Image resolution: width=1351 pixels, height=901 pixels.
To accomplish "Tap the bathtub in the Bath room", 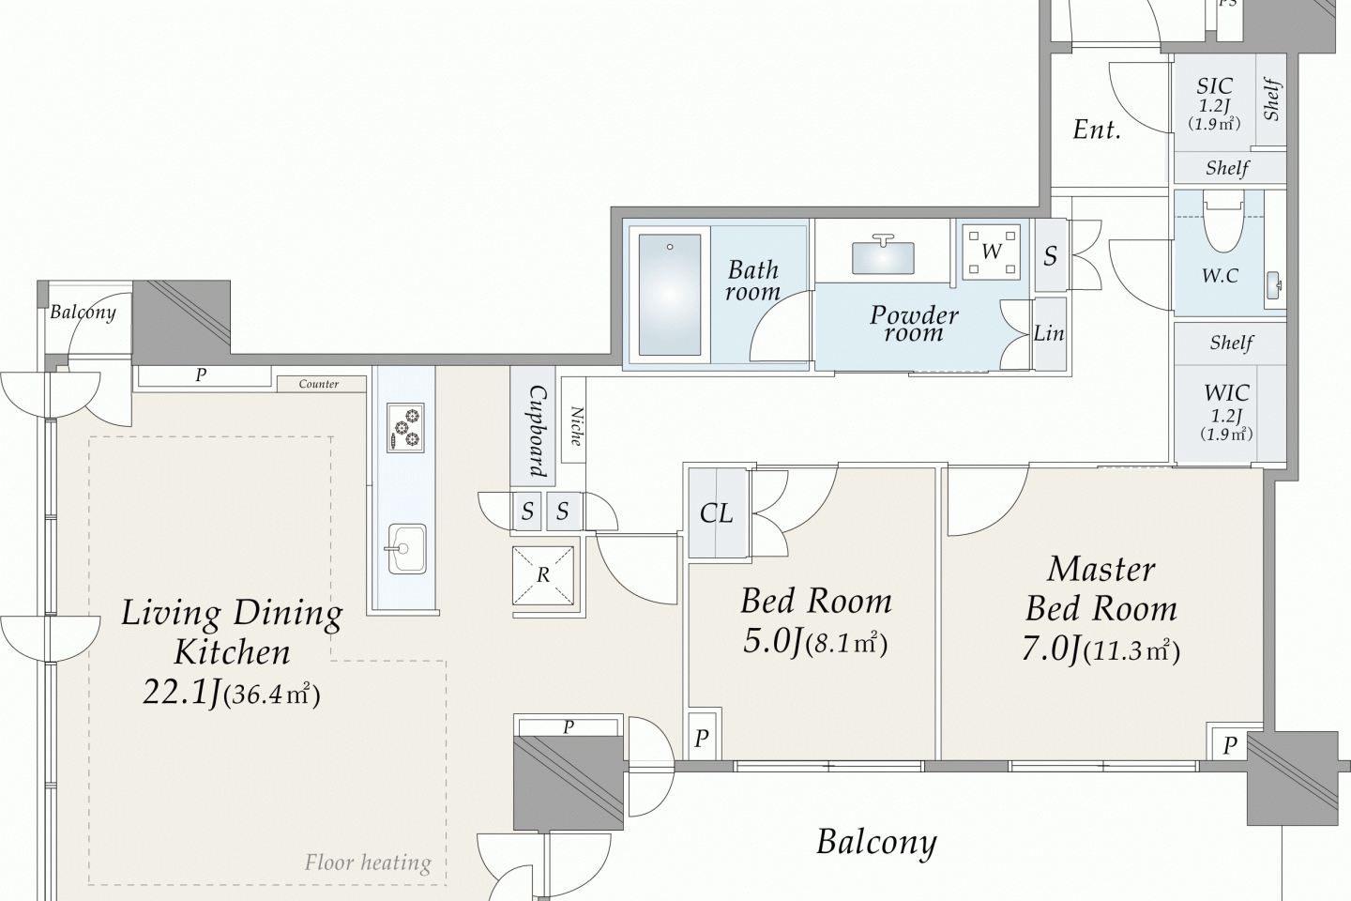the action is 670,295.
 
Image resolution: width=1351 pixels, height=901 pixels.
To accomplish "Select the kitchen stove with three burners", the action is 405,428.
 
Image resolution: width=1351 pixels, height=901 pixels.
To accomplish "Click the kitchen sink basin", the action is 406,549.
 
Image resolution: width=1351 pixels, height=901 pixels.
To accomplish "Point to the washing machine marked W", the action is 992,252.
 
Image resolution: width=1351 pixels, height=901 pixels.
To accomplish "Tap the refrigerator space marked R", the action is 543,575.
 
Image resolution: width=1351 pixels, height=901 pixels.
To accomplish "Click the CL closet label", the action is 717,513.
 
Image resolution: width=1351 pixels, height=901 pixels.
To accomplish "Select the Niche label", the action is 576,427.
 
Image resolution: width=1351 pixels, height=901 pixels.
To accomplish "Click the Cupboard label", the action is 539,431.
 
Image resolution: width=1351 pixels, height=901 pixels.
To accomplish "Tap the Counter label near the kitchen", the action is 318,384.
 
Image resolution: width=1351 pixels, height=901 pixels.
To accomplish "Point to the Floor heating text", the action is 368,863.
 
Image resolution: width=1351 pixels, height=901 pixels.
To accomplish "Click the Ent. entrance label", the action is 1097,130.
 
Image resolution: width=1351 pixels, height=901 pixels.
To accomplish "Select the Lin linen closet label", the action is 1049,333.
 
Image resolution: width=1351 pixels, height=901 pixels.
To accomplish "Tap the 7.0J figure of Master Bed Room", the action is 1051,650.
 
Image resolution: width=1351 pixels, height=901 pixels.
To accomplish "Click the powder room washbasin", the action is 883,256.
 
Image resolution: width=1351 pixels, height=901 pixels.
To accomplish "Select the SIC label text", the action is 1215,86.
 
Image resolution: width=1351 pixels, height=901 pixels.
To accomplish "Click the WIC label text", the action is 1227,393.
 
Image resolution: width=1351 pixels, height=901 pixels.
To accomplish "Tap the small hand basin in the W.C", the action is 1274,284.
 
